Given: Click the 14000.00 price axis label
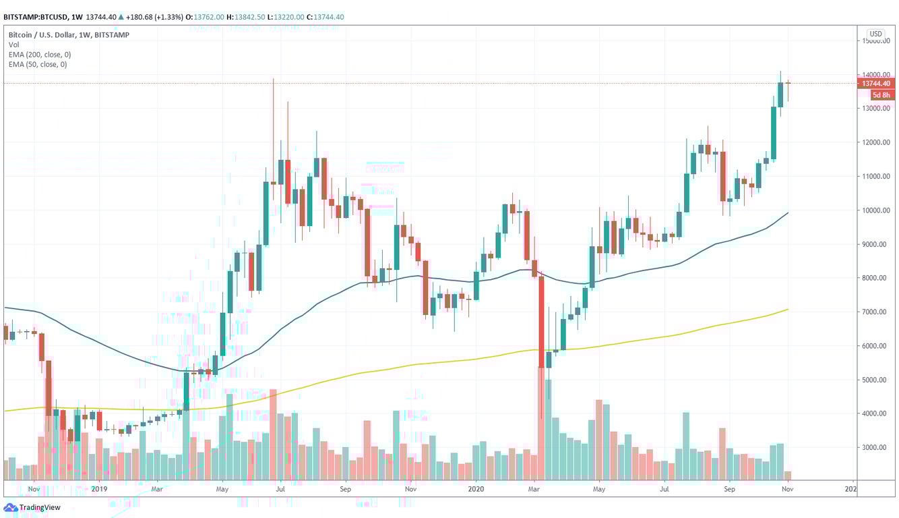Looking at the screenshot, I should (876, 75).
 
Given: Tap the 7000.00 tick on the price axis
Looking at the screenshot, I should (876, 312).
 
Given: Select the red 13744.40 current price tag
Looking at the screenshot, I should (876, 84).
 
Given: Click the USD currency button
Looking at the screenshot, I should (875, 34).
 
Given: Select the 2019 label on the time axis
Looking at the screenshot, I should (99, 488).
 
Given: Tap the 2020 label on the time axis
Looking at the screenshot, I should (476, 488).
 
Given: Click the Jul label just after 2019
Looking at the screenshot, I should (280, 488).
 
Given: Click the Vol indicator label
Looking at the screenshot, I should (13, 45).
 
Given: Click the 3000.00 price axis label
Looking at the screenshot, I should (876, 447).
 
